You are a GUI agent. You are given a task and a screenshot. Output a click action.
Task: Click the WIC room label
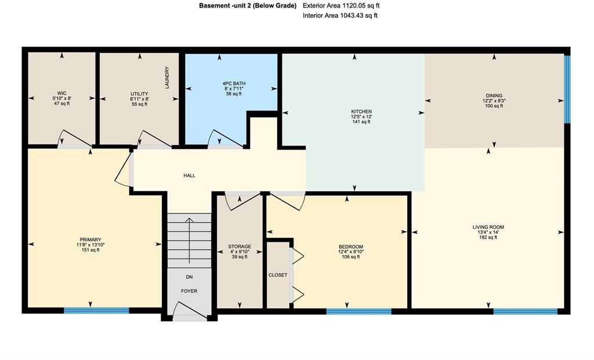pos(61,93)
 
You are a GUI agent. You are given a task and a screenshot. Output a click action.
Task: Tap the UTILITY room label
pos(139,94)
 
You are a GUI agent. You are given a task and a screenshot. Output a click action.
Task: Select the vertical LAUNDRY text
pos(167,78)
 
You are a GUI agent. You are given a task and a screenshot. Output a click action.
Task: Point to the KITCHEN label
pos(361,112)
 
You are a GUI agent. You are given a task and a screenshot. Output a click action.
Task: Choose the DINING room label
pos(494,96)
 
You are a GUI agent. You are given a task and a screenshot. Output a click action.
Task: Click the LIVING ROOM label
pos(488,227)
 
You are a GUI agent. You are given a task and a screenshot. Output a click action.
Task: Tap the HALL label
pos(190,176)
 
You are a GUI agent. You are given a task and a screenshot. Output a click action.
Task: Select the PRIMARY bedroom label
pos(90,239)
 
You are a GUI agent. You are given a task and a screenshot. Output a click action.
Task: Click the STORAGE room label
pos(240,246)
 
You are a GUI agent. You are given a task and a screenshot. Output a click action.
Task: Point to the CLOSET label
pos(278,275)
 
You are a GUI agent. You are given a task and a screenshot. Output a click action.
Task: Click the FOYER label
pos(189,291)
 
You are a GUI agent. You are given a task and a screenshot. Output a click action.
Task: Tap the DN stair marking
pos(190,277)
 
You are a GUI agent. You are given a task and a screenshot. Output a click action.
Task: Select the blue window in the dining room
pos(567,89)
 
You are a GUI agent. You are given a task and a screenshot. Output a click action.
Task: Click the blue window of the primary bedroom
pos(96,311)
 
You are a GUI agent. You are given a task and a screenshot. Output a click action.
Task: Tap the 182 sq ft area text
pos(488,237)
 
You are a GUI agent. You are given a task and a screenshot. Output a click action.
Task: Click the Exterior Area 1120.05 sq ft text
pos(341,6)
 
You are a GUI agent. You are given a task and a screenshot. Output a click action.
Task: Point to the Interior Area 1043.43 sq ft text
pos(340,16)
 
